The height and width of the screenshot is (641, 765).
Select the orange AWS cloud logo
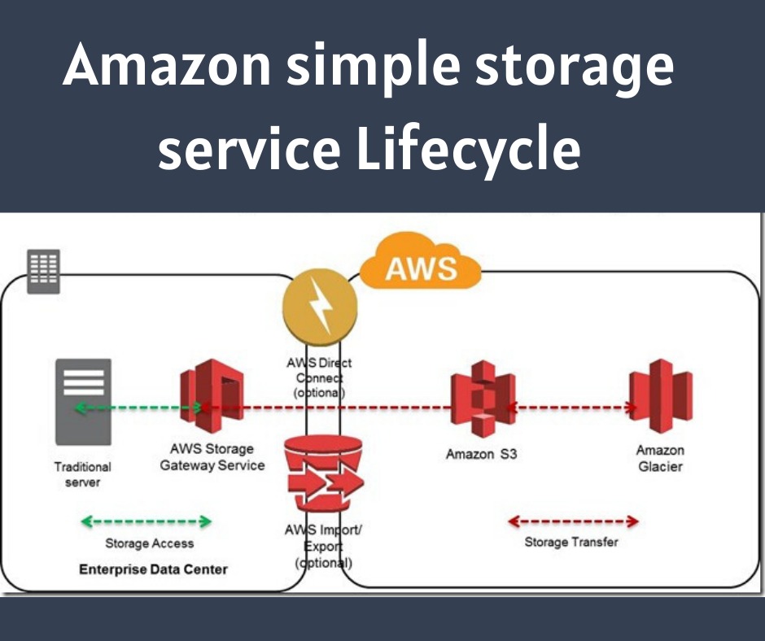[x=420, y=264]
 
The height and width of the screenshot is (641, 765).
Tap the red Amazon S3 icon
[x=483, y=399]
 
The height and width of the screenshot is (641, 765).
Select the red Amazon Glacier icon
[x=660, y=396]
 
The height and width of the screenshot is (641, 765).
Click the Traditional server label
[x=82, y=475]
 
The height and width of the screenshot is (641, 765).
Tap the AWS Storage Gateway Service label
[x=212, y=457]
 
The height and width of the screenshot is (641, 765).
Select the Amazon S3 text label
[x=481, y=454]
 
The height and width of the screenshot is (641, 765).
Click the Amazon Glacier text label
[x=660, y=458]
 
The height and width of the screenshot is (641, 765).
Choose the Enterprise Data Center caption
[x=153, y=569]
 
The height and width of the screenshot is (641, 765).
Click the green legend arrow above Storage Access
[x=146, y=521]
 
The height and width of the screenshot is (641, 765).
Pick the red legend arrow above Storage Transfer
[x=572, y=521]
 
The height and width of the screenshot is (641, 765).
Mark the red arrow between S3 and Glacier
[x=571, y=408]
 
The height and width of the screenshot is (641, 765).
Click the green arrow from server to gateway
[x=138, y=407]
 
